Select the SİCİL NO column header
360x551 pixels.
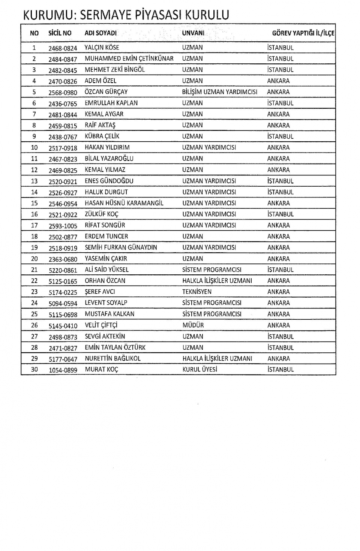60,33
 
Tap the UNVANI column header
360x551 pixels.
193,33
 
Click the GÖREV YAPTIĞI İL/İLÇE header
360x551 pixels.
303,33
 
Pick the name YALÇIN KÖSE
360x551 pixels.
102,48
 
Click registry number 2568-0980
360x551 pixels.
63,93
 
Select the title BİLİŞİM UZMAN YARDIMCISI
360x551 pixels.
220,92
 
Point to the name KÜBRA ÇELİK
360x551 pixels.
102,136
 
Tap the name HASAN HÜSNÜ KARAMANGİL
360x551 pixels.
124,203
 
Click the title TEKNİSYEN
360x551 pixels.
197,292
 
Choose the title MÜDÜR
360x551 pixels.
193,325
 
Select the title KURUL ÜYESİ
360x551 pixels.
200,370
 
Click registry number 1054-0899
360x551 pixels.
63,370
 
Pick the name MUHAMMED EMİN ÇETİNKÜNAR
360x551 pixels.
129,59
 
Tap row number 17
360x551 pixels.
34,226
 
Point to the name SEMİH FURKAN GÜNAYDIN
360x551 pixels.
121,247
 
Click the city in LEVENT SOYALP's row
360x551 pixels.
279,303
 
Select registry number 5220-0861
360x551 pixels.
63,270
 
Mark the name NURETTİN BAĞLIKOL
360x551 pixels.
112,359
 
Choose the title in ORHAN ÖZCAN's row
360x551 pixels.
217,281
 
